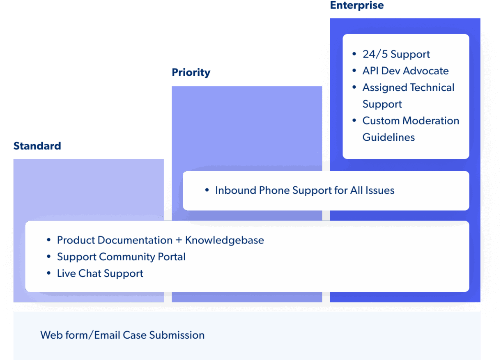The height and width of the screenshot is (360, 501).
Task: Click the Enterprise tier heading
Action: pos(357,5)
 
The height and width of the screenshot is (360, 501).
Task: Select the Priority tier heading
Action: pos(191,73)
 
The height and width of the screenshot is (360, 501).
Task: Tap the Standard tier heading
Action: pos(37,146)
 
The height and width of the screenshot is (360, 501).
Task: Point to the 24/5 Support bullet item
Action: pos(396,54)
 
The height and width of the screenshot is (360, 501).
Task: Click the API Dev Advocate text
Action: pos(405,71)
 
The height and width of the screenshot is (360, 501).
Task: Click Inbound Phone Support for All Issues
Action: pos(304,190)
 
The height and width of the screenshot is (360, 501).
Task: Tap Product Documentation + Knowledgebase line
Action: pos(160,240)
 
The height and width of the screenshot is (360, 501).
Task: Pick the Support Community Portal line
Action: pos(121,257)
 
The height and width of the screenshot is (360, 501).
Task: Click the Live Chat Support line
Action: pos(100,273)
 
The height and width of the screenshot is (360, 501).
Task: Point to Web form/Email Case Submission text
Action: pos(122,335)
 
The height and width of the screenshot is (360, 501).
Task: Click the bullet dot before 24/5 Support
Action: pos(354,54)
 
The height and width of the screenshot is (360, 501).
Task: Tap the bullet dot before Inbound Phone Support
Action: pos(207,190)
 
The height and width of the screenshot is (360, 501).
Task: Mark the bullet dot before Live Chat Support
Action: pos(49,273)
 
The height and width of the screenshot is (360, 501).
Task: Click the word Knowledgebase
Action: pos(224,240)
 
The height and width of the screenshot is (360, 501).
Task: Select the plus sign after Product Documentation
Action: pos(179,241)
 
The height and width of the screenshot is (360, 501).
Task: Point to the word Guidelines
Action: pos(388,137)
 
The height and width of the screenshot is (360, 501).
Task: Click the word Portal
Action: pos(172,257)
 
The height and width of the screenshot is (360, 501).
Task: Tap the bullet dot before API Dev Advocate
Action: pos(354,71)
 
